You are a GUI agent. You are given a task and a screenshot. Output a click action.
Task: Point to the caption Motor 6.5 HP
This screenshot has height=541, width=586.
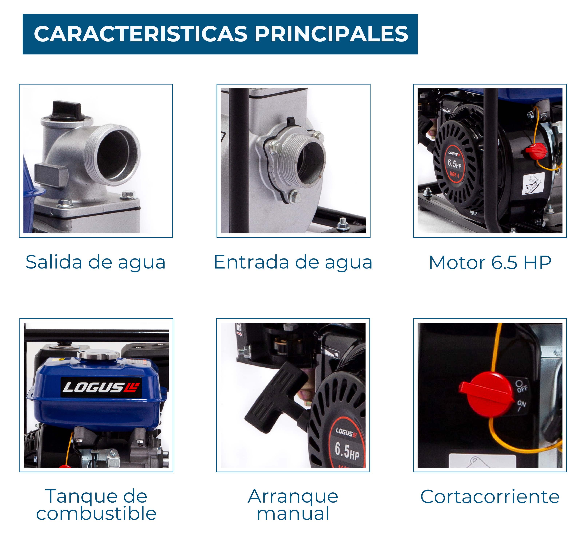click(x=490, y=263)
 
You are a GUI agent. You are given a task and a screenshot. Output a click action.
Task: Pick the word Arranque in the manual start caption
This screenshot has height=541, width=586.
click(x=293, y=497)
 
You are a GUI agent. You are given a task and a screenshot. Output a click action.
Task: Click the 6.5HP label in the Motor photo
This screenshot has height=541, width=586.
click(x=454, y=164)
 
